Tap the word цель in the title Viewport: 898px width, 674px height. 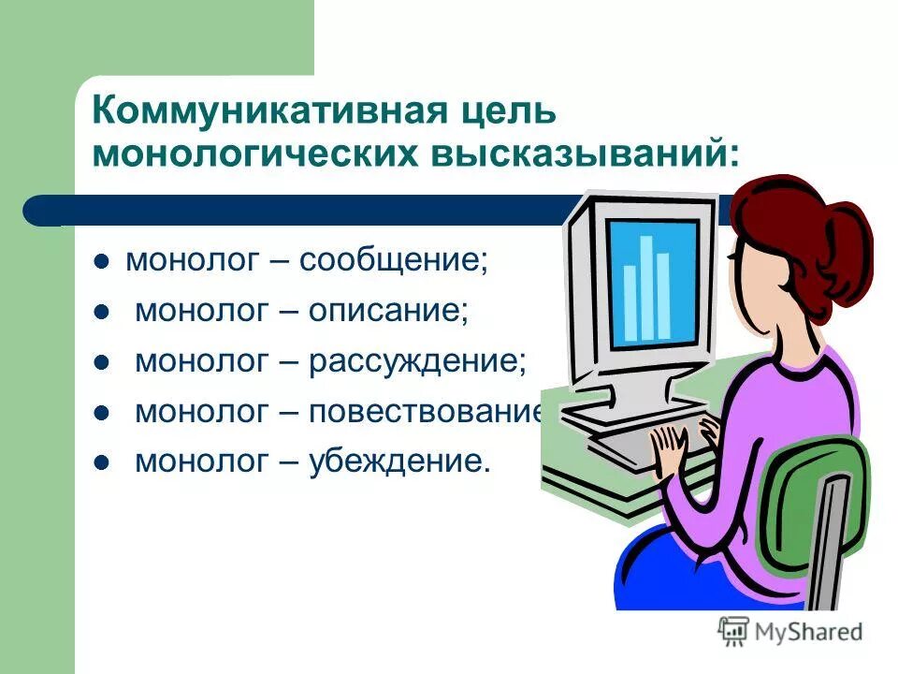pyautogui.click(x=504, y=112)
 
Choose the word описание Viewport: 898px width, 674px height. pyautogui.click(x=388, y=310)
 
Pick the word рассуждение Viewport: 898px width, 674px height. pyautogui.click(x=417, y=360)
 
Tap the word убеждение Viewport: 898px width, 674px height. pyautogui.click(x=399, y=461)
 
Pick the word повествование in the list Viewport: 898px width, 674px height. pyautogui.click(x=426, y=411)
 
